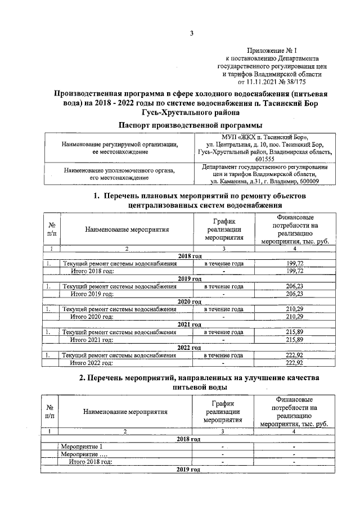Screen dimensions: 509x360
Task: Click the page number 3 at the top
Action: [x=191, y=33]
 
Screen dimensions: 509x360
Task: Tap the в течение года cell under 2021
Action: [x=223, y=332]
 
